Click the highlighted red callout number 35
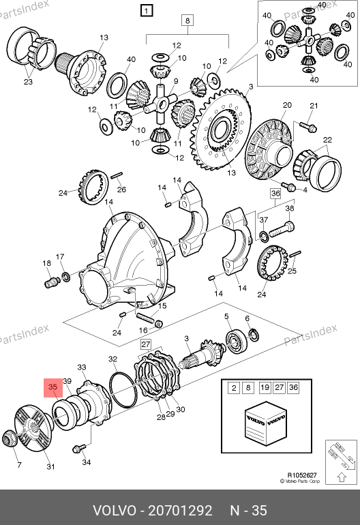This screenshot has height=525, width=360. coord(53,387)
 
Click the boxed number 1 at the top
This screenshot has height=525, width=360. coord(147,11)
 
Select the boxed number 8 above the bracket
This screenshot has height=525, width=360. coord(187,20)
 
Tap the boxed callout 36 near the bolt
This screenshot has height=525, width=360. coord(275,194)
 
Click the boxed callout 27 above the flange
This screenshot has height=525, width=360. coord(146,344)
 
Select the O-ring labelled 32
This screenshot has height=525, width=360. coord(123,389)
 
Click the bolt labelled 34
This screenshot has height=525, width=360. coord(79,448)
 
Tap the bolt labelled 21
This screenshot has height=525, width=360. coord(307,127)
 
